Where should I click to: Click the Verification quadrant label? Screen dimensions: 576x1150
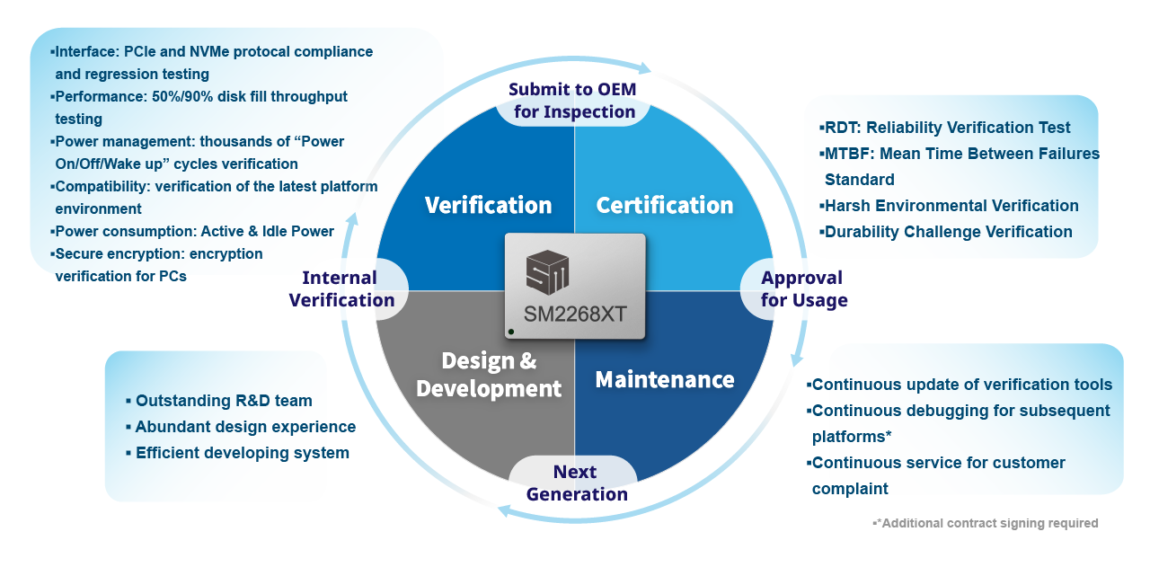pyautogui.click(x=488, y=205)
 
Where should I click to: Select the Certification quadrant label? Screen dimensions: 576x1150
pyautogui.click(x=665, y=205)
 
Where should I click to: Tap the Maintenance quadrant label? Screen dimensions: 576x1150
pyautogui.click(x=665, y=379)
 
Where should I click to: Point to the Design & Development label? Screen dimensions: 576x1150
pyautogui.click(x=489, y=375)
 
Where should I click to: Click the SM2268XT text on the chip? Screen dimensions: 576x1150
pyautogui.click(x=574, y=315)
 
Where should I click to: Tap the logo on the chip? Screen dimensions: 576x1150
pyautogui.click(x=548, y=271)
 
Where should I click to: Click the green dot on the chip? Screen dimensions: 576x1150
pyautogui.click(x=511, y=332)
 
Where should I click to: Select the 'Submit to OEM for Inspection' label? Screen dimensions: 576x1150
pyautogui.click(x=575, y=101)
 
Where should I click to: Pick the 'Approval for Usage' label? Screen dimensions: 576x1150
pyautogui.click(x=803, y=288)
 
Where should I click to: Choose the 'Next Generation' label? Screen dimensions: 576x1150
pyautogui.click(x=576, y=483)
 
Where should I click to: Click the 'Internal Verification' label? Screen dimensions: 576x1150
pyautogui.click(x=341, y=288)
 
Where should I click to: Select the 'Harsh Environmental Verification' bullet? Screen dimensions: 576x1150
pyautogui.click(x=951, y=206)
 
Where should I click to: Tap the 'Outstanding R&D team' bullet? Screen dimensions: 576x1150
pyautogui.click(x=224, y=401)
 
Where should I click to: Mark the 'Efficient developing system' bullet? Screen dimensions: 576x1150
pyautogui.click(x=242, y=453)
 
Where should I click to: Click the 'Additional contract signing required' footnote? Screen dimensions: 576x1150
pyautogui.click(x=989, y=523)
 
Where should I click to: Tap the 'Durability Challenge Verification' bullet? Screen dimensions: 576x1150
pyautogui.click(x=948, y=232)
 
